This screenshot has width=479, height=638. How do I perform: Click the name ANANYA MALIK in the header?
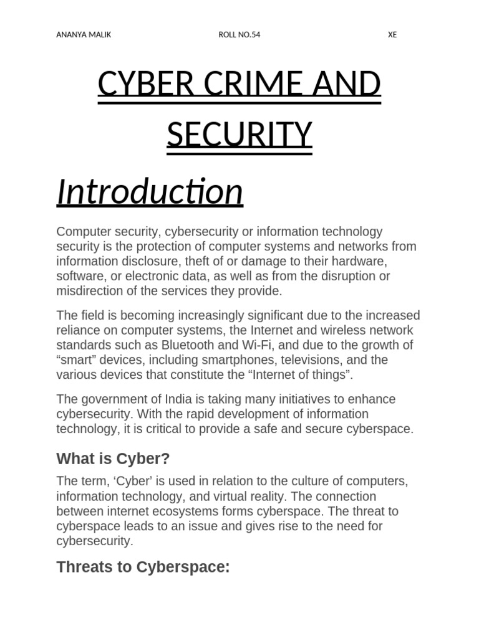pyautogui.click(x=84, y=35)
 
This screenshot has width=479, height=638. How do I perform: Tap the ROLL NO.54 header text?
pyautogui.click(x=239, y=35)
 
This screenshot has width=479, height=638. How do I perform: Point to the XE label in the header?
pyautogui.click(x=392, y=35)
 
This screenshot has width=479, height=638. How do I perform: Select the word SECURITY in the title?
pyautogui.click(x=239, y=135)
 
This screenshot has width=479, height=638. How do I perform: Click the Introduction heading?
pyautogui.click(x=150, y=191)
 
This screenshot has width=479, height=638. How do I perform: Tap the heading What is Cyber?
pyautogui.click(x=113, y=459)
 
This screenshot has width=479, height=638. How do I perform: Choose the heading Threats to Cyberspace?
pyautogui.click(x=143, y=567)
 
